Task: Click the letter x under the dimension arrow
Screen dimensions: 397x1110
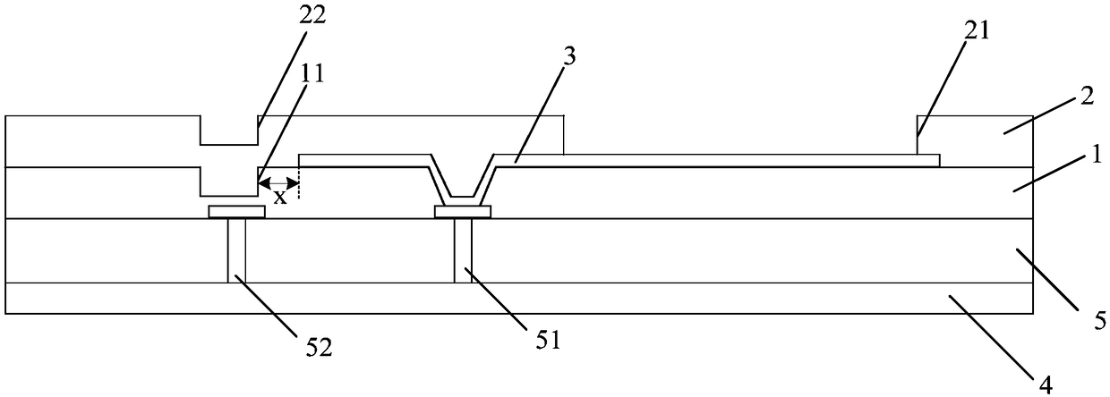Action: (280, 197)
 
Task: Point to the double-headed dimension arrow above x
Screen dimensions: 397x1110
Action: (278, 183)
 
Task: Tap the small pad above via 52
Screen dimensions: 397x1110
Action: (237, 212)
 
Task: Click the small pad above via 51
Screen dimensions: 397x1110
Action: (463, 212)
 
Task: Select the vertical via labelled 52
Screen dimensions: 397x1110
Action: (237, 250)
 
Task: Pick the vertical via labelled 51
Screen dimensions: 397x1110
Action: (463, 250)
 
